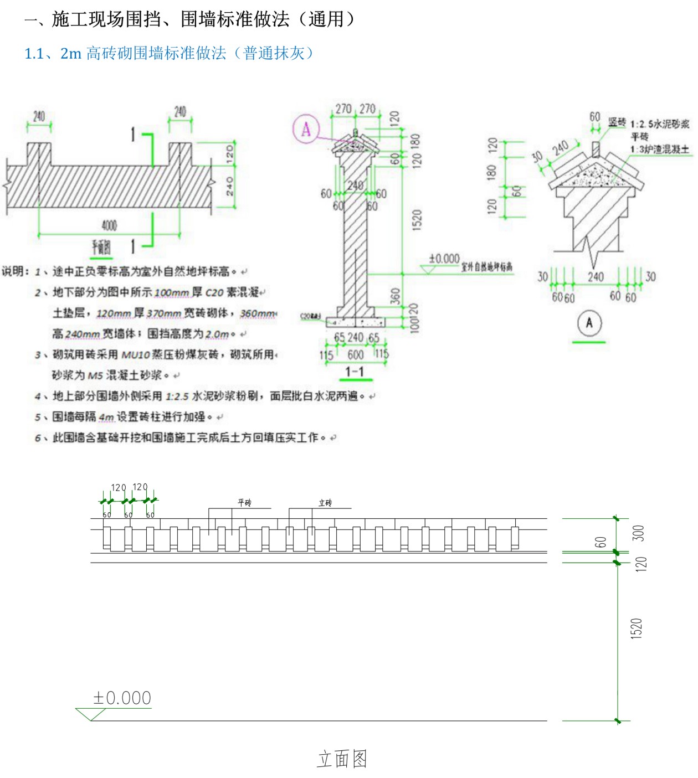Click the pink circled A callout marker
coord(306,129)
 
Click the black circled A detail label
coord(589,323)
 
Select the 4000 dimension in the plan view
coord(109,225)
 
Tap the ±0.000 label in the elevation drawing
coord(122,698)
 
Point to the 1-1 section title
coord(355,372)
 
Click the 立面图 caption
coord(342,759)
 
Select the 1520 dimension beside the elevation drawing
coord(636,628)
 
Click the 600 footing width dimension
coord(355,354)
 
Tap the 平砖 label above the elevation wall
coord(244,503)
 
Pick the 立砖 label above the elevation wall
coord(325,503)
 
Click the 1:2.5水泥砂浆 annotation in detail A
coord(660,124)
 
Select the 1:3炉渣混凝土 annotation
coord(659,150)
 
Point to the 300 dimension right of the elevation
coord(638,533)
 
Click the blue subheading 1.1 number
coord(34,54)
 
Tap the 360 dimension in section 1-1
coord(395,296)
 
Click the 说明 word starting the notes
coord(13,271)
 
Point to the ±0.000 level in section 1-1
coord(444,259)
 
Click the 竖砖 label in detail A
coord(617,122)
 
